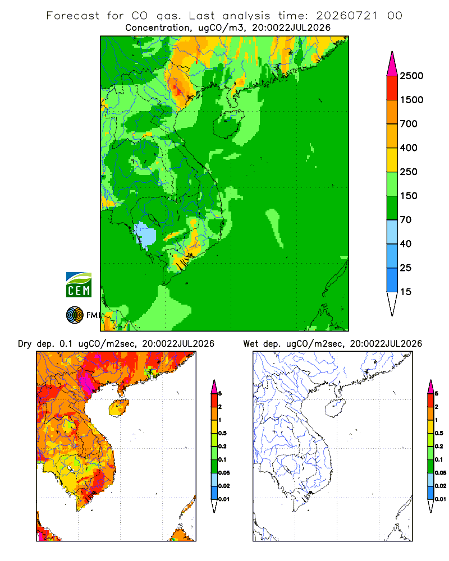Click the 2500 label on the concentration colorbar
tap(411, 76)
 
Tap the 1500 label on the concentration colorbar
tap(411, 100)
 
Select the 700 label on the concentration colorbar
tap(409, 124)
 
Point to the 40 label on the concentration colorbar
tap(405, 244)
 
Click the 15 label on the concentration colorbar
tap(405, 292)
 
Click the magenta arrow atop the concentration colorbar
tap(392, 65)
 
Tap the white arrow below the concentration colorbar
tap(392, 304)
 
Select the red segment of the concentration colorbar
tap(392, 88)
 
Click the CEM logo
tap(79, 285)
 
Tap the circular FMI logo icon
tap(75, 315)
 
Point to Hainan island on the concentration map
tap(228, 124)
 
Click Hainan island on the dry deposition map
tap(118, 408)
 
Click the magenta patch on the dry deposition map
tap(86, 381)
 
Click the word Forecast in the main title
tap(73, 16)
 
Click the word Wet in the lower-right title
tap(250, 344)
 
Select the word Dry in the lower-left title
tap(25, 344)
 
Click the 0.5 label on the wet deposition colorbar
tap(439, 433)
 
